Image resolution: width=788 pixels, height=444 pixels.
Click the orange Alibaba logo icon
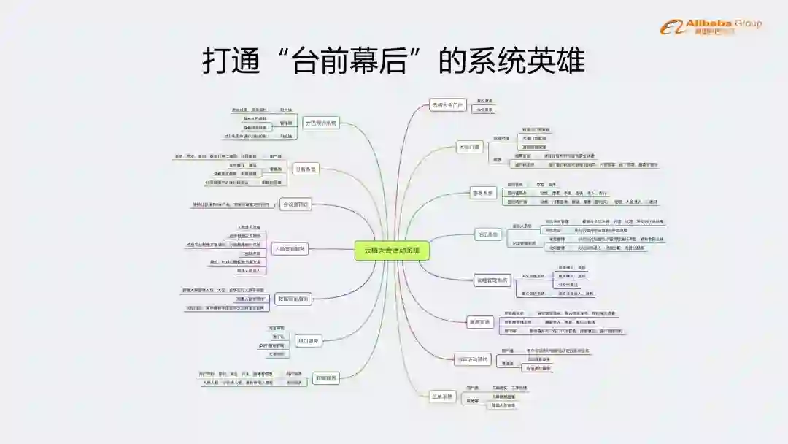point(671,28)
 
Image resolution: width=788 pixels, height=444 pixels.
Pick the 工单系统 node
point(443,397)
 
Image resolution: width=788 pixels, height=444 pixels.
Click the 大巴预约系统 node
point(321,123)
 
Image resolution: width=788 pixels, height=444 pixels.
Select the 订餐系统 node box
point(304,169)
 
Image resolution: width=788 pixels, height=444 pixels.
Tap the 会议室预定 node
point(296,204)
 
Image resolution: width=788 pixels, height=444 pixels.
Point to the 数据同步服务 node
point(293,298)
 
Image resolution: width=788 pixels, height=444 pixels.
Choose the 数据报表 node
point(325,378)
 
